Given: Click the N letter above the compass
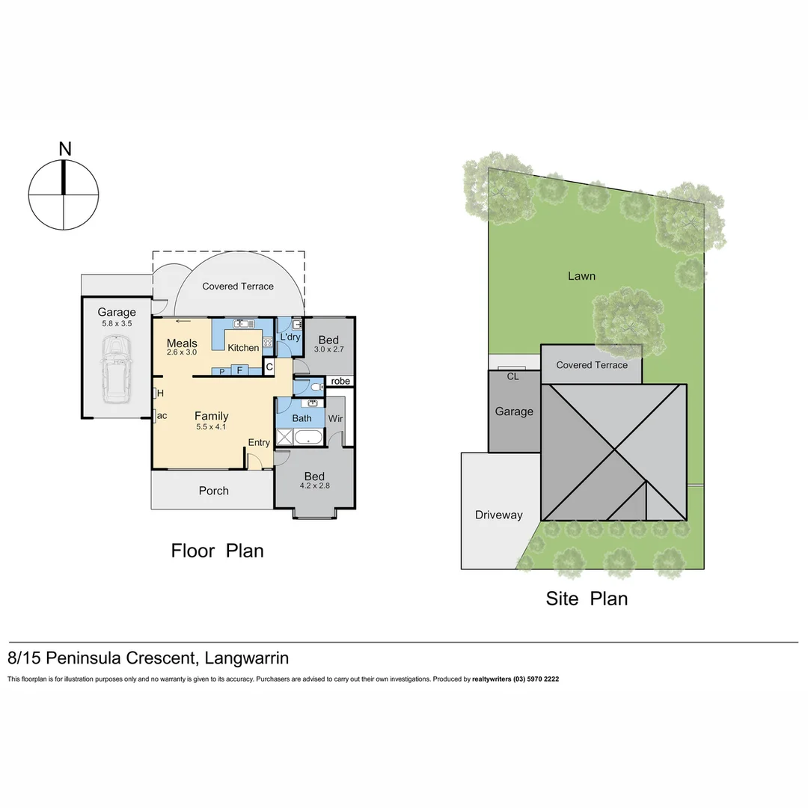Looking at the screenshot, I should [65, 149].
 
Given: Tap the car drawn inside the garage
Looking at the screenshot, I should [116, 367].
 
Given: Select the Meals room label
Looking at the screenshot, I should [182, 343].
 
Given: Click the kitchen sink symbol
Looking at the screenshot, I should [242, 324].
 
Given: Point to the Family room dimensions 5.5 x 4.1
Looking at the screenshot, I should [211, 427].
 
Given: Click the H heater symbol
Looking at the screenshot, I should [156, 394].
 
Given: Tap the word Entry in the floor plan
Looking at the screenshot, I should [259, 442].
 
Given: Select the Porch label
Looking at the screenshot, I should [213, 491].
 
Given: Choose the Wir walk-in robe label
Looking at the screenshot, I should [335, 418].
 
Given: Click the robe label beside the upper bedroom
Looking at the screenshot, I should [340, 381].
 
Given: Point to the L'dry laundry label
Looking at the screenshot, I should [290, 337].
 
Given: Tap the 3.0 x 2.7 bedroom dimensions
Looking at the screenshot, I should [328, 349].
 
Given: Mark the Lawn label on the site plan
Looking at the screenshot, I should [581, 276].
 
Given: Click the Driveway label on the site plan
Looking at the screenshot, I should [498, 515].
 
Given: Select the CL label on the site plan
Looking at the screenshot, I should [512, 376].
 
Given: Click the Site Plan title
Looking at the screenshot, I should [587, 599].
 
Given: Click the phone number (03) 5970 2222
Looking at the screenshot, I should [536, 679].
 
